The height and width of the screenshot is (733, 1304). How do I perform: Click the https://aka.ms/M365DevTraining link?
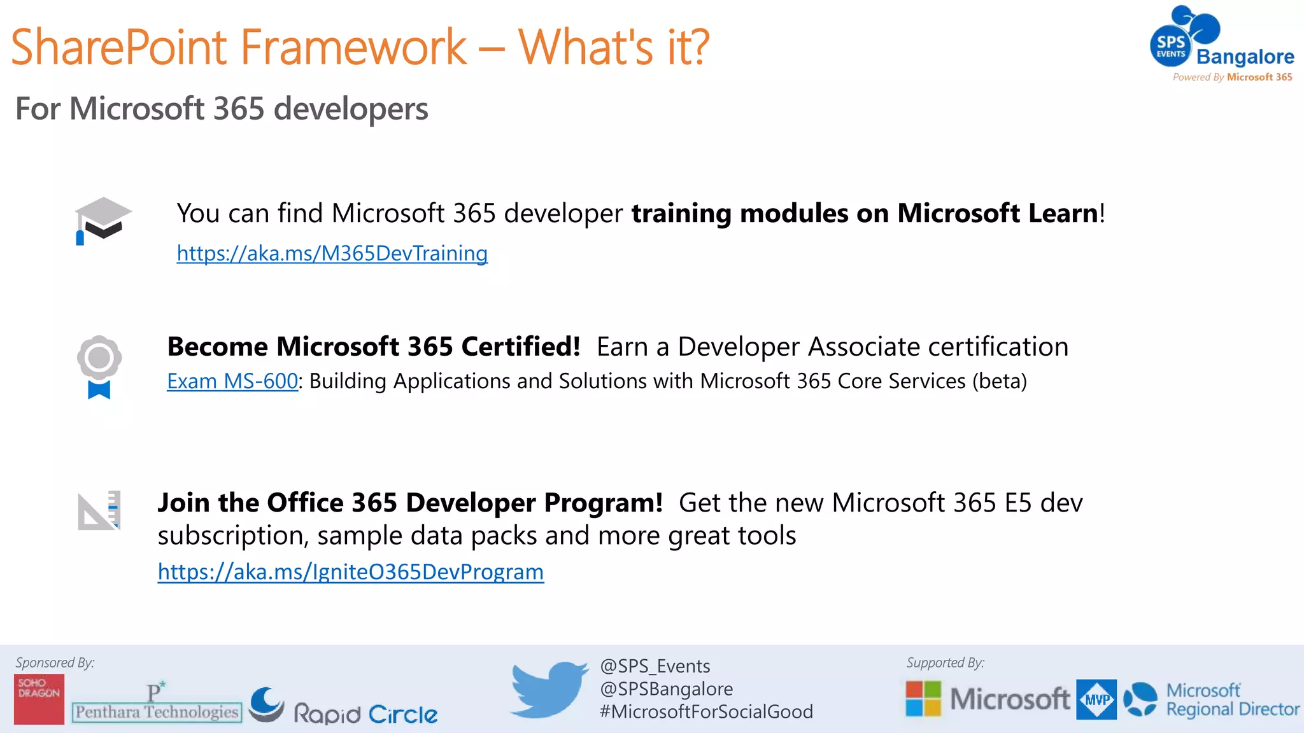(x=332, y=253)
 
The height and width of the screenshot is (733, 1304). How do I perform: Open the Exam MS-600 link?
(x=232, y=381)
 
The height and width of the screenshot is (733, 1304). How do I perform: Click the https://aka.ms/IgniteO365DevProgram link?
(x=350, y=572)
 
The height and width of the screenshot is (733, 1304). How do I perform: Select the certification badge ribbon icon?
(x=99, y=366)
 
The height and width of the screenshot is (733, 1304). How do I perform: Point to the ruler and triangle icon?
(x=99, y=510)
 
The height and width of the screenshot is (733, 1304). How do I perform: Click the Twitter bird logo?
(x=549, y=689)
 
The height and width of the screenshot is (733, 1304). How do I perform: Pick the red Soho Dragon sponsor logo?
(x=39, y=699)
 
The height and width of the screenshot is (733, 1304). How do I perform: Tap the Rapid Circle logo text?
(x=365, y=714)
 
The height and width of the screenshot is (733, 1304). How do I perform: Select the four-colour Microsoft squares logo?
(x=923, y=698)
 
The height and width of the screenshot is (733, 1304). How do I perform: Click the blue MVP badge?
(x=1096, y=699)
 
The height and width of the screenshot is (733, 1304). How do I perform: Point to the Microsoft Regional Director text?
(x=1232, y=700)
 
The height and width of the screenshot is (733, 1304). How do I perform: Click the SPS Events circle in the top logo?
(x=1171, y=46)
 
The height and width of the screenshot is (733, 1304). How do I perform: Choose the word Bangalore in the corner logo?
(x=1245, y=57)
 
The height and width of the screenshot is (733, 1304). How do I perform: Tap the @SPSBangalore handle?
(x=666, y=689)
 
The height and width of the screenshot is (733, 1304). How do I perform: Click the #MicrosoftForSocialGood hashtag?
(x=706, y=711)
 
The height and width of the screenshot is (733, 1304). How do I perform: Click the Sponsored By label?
(x=55, y=662)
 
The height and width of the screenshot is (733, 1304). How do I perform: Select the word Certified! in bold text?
(x=520, y=347)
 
